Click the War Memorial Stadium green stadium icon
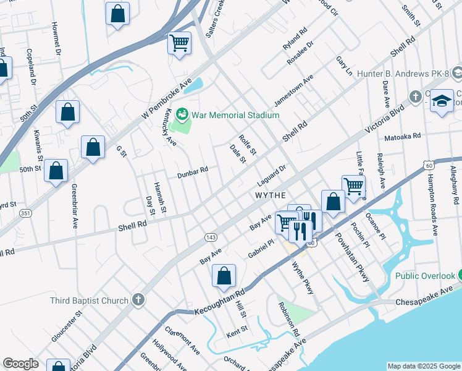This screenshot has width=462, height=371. (182, 114)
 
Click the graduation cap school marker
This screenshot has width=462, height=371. (442, 101)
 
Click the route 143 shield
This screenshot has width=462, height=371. (210, 237)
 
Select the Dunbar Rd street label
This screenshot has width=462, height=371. (193, 169)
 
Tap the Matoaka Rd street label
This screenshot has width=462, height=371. (401, 135)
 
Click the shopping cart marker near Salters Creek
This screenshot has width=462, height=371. (179, 44)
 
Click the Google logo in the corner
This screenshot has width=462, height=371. (20, 364)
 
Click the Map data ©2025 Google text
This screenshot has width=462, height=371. (423, 366)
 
